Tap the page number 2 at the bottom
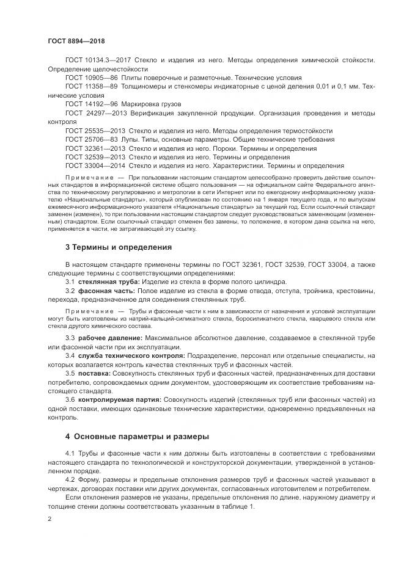tap(49, 519)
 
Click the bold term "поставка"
tap(94, 373)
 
